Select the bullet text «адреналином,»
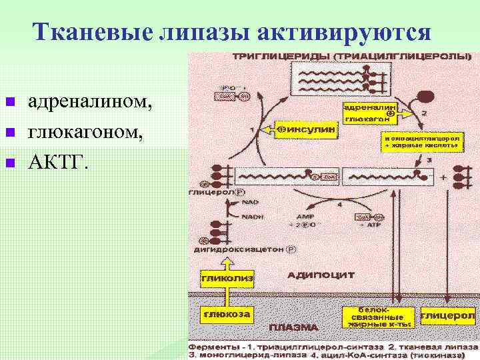pyautogui.click(x=94, y=101)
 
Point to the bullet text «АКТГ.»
pyautogui.click(x=57, y=162)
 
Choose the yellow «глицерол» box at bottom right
pyautogui.click(x=442, y=314)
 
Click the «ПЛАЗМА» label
pyautogui.click(x=293, y=329)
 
